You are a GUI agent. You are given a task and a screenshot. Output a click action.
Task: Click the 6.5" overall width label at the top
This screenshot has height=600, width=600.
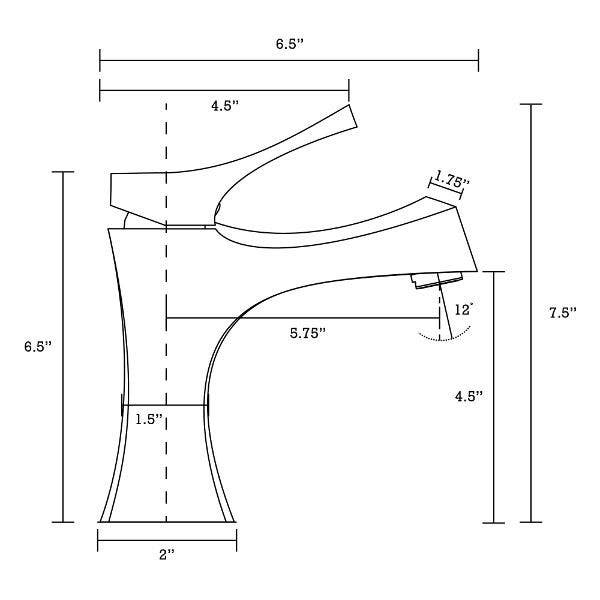[289, 44]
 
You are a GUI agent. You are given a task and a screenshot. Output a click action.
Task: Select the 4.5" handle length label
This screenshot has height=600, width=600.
[225, 106]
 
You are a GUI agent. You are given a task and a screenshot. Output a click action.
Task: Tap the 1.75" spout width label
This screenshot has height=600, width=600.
[452, 181]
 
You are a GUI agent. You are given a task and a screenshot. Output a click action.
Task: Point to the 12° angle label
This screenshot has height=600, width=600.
[463, 310]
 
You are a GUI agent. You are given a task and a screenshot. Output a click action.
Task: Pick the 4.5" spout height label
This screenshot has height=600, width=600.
[468, 395]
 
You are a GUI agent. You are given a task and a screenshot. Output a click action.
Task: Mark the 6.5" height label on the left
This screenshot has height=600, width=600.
[38, 346]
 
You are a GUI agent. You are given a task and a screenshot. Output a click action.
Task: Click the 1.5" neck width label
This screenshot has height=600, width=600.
[150, 419]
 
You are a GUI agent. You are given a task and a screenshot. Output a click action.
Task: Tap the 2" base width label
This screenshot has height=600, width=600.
[166, 553]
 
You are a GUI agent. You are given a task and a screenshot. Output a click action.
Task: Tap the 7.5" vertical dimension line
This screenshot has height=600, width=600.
[530, 250]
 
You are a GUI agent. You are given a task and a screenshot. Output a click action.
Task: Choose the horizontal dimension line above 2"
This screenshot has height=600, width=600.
[166, 539]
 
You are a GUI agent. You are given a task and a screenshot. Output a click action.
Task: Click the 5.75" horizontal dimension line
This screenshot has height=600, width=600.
[300, 318]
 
